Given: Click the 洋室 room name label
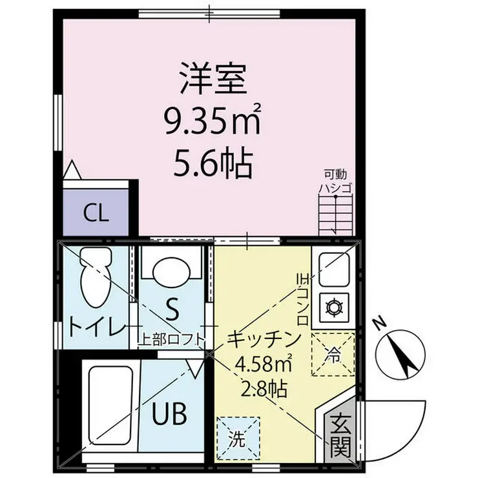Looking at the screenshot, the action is pos(213,78).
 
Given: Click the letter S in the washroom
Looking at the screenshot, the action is pos(172,309).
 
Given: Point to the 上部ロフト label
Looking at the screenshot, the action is pos(172,340).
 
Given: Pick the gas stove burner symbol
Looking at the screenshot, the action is pos(335,307).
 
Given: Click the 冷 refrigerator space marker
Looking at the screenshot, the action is pos(333,354).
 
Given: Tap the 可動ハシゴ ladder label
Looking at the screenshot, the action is pos(335,182).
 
